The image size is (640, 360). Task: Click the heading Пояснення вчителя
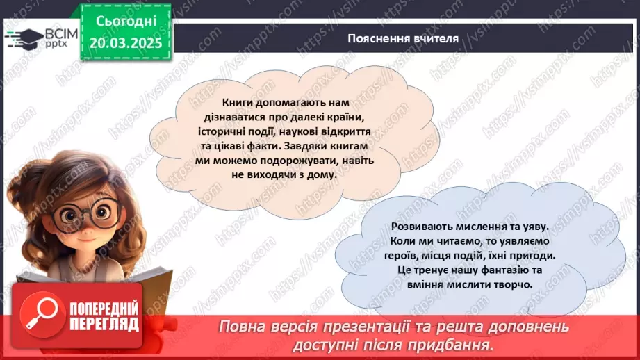pos(403,38)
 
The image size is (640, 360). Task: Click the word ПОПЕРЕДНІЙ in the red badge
pos(103,308)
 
